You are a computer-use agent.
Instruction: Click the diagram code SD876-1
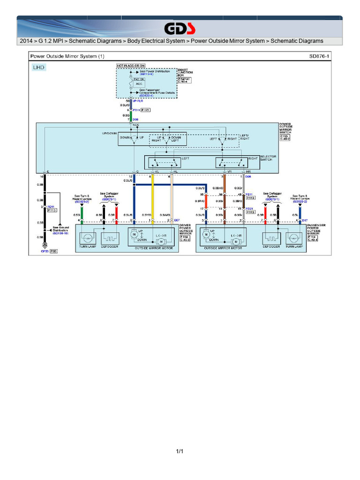tap(319, 56)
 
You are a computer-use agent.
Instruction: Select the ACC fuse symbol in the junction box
tap(132, 83)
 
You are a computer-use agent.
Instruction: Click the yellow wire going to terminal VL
tap(152, 197)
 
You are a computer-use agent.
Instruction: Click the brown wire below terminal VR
tap(225, 197)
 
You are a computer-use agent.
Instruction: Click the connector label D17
tap(305, 220)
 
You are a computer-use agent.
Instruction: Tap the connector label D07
tap(177, 220)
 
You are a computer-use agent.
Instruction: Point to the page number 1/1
tap(180, 451)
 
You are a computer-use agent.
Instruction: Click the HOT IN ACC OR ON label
tap(131, 66)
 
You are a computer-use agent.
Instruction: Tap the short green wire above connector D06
tap(131, 115)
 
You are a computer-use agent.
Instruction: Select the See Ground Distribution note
tap(61, 231)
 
